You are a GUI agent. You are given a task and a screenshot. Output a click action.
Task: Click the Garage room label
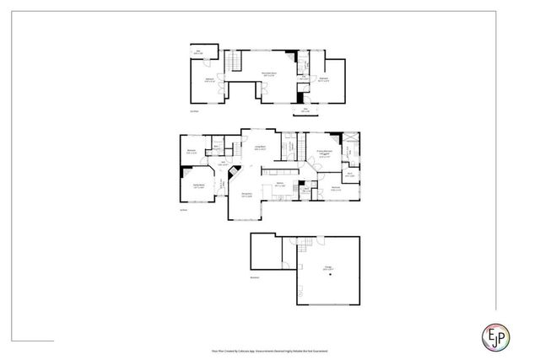[327, 268]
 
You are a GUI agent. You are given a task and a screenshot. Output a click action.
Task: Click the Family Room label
[198, 186]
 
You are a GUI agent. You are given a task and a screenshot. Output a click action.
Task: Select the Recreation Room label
[269, 76]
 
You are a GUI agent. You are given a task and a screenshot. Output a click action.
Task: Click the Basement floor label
[254, 277]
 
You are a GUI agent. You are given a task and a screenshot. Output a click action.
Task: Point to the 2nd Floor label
[193, 110]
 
